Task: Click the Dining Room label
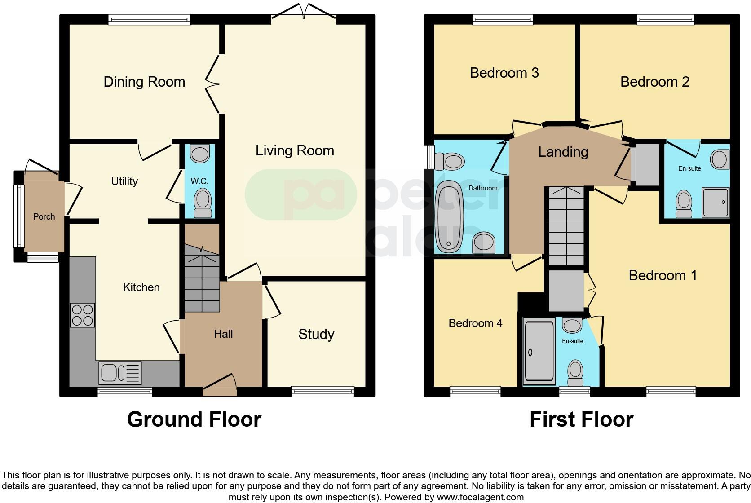click(x=144, y=82)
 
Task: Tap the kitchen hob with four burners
click(x=82, y=315)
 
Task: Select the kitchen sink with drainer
click(x=120, y=373)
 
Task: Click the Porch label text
click(x=44, y=216)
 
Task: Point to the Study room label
click(x=316, y=334)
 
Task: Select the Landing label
click(x=563, y=152)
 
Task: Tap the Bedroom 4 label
click(x=475, y=323)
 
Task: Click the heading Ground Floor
click(x=194, y=419)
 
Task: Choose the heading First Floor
click(x=581, y=419)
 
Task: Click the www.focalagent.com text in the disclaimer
click(x=480, y=497)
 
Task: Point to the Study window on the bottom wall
click(x=322, y=392)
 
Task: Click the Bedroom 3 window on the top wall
click(x=503, y=19)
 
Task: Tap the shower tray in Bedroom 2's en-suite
click(x=716, y=203)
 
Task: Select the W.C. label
click(x=199, y=181)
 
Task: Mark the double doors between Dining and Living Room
click(x=213, y=84)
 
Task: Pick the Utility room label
click(x=124, y=181)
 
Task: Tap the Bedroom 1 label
click(x=663, y=275)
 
